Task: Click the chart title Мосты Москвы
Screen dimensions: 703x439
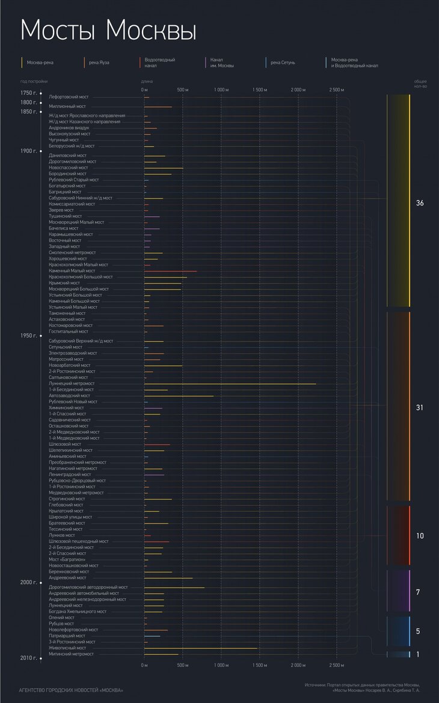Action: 108,31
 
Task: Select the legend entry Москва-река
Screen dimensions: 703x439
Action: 40,62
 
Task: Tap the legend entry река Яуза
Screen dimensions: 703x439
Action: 99,62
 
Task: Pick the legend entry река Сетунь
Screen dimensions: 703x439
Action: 283,62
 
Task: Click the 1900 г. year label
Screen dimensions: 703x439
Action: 28,151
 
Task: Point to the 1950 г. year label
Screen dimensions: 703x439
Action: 28,335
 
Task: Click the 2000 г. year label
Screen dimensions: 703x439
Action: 28,582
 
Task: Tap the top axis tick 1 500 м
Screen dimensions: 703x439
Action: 260,90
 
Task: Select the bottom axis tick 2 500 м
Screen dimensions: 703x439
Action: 337,665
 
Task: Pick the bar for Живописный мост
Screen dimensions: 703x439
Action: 201,648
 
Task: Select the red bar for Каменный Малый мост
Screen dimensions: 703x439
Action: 170,271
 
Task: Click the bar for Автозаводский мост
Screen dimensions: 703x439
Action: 179,396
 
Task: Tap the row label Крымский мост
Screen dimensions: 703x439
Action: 64,283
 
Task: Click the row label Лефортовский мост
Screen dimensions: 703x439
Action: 69,97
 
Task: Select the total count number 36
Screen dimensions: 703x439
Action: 420,203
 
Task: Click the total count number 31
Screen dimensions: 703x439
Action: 420,407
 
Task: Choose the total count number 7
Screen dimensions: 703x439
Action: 418,592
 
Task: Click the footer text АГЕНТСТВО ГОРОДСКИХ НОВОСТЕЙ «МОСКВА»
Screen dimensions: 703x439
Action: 71,690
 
